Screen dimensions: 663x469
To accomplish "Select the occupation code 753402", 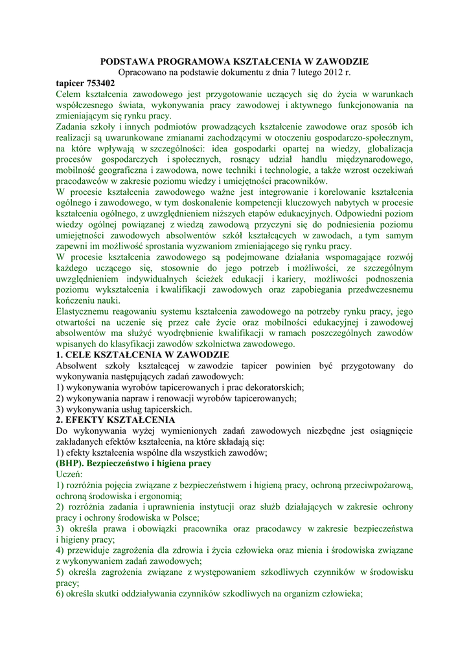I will (100, 84).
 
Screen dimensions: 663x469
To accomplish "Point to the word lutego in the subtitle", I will (303, 73).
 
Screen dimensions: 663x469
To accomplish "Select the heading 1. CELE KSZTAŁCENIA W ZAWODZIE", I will (143, 355).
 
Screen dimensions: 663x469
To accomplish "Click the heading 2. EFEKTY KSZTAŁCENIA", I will (112, 420).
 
